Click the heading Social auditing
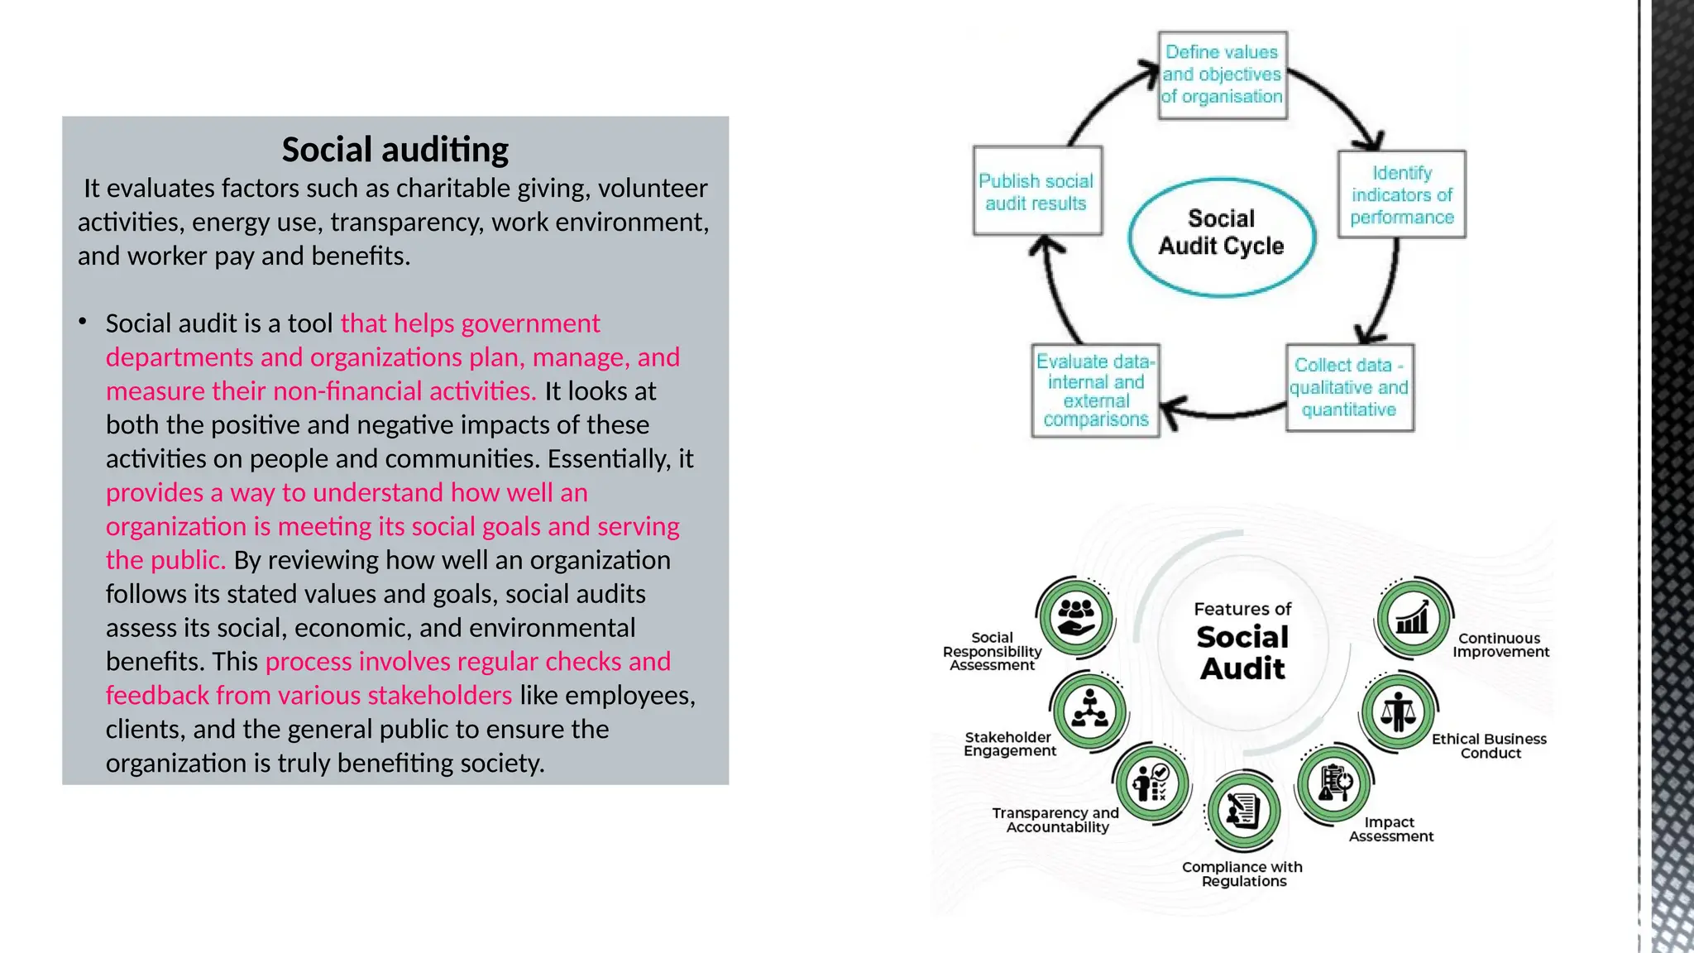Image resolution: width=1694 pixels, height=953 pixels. click(395, 150)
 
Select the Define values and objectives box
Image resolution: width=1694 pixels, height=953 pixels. click(1222, 75)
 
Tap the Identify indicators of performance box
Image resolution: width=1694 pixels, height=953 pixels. click(1401, 195)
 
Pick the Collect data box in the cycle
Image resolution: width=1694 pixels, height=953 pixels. click(1349, 388)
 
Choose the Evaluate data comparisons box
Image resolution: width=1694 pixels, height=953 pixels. click(1095, 390)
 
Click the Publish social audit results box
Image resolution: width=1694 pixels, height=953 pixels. click(1036, 192)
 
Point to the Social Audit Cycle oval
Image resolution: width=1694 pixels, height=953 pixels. click(1221, 236)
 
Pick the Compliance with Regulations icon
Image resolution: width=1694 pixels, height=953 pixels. click(1242, 811)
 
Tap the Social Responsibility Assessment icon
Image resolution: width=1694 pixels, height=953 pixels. click(1075, 617)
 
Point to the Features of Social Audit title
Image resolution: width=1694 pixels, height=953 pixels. click(1242, 642)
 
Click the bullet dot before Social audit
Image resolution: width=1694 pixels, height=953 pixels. click(83, 322)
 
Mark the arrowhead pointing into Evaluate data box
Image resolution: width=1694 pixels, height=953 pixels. click(1170, 409)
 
